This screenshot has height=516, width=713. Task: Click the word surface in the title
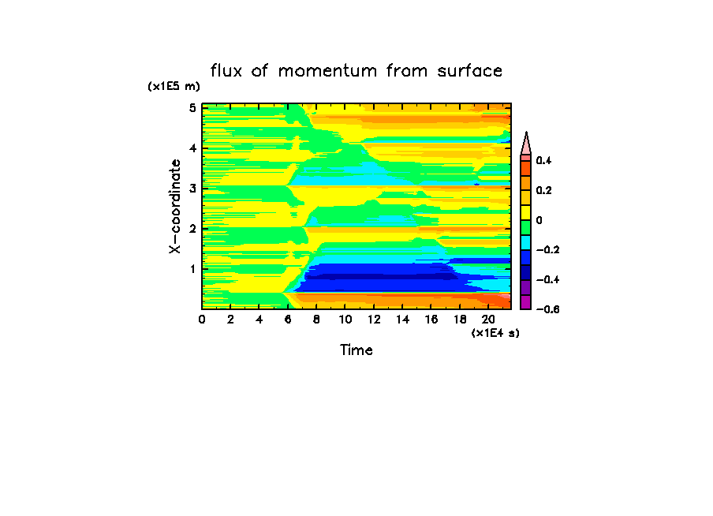[470, 71]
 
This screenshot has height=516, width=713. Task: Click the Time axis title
[356, 350]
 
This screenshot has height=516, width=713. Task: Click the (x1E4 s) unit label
[495, 333]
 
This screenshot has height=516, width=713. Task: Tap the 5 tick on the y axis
[192, 107]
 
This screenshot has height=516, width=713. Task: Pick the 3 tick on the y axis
[192, 188]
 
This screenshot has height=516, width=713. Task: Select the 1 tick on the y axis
[192, 269]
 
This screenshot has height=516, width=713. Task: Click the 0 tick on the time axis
[202, 319]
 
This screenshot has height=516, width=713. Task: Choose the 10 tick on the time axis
[345, 319]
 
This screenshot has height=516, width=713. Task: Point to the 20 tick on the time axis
[488, 319]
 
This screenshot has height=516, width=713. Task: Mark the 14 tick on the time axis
[402, 319]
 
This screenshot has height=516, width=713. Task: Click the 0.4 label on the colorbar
[544, 161]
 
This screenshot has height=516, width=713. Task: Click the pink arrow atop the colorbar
[525, 144]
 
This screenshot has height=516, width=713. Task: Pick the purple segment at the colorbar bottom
[525, 302]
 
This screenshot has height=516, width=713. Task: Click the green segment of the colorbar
[525, 228]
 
